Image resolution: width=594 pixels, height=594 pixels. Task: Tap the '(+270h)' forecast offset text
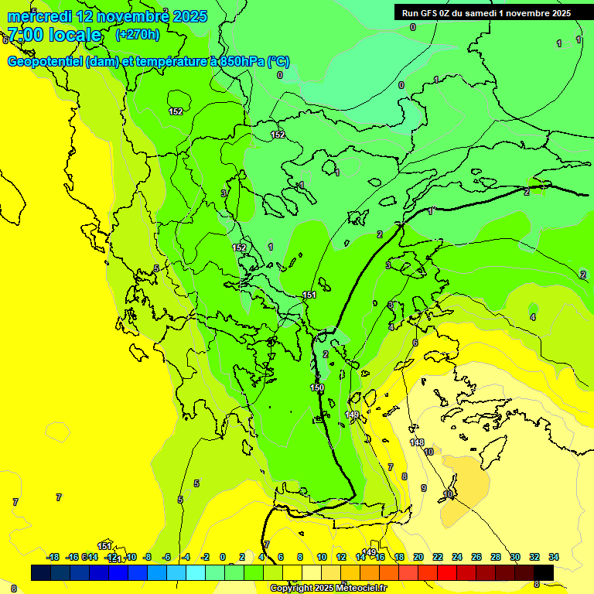[138, 34]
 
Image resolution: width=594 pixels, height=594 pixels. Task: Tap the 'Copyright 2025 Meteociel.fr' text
[328, 589]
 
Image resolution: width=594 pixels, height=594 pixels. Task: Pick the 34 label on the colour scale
[554, 557]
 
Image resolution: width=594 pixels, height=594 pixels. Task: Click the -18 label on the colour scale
[53, 557]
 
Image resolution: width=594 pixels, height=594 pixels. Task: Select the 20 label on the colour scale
[418, 557]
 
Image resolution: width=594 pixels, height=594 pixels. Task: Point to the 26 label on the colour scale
[476, 557]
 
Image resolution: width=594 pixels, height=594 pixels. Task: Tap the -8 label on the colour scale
[147, 557]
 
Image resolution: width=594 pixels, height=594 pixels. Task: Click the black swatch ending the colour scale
[544, 572]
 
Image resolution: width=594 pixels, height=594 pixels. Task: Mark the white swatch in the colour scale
[312, 572]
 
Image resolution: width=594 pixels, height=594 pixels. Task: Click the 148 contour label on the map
[417, 442]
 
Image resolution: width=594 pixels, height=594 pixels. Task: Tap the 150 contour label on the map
[317, 387]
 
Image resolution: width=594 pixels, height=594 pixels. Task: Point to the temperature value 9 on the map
[423, 488]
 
